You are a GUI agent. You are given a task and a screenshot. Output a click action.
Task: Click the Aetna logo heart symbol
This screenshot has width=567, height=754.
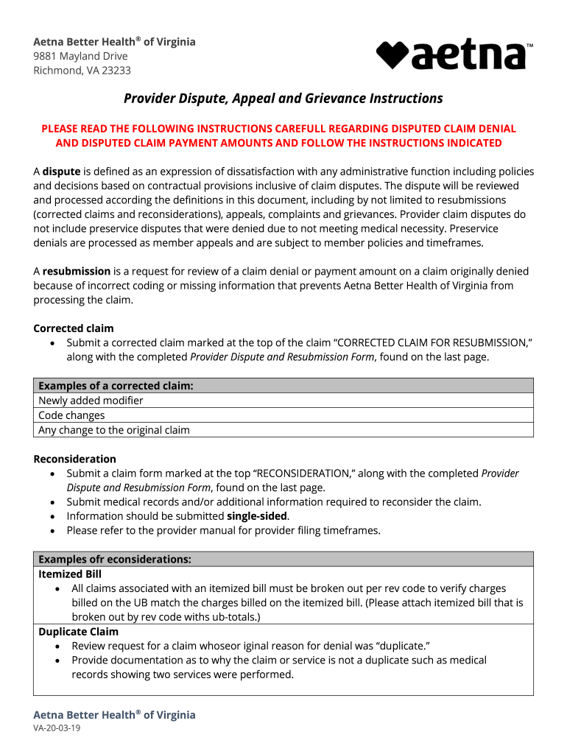pos(392,55)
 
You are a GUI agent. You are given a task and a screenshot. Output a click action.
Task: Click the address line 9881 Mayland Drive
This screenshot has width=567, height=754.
pos(80,56)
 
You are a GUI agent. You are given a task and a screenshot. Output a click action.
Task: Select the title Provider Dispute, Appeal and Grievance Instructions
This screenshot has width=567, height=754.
pos(283,99)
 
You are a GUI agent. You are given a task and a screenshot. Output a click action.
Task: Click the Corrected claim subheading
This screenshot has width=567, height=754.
pos(74,328)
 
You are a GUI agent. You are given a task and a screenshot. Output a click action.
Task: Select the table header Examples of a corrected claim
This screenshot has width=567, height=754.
pos(116,386)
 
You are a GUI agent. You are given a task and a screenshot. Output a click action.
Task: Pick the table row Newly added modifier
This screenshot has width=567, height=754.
pos(91,401)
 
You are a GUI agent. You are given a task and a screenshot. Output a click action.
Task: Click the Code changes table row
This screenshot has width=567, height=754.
pos(71,415)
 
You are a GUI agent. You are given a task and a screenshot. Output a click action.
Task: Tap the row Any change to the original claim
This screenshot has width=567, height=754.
pos(114,430)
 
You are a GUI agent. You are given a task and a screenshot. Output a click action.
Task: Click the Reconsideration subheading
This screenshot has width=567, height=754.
pos(74,459)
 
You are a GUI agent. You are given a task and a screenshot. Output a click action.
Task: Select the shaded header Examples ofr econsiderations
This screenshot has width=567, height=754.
pos(115,559)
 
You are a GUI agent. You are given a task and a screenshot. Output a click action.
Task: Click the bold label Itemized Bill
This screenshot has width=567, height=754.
pos(70,574)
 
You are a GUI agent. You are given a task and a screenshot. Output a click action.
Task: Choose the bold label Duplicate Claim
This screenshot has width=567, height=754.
pos(78,632)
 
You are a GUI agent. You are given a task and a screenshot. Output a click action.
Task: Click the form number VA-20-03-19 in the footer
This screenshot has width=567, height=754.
pos(57,728)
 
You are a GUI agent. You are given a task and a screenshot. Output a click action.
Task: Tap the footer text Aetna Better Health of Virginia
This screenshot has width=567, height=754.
pos(114,715)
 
